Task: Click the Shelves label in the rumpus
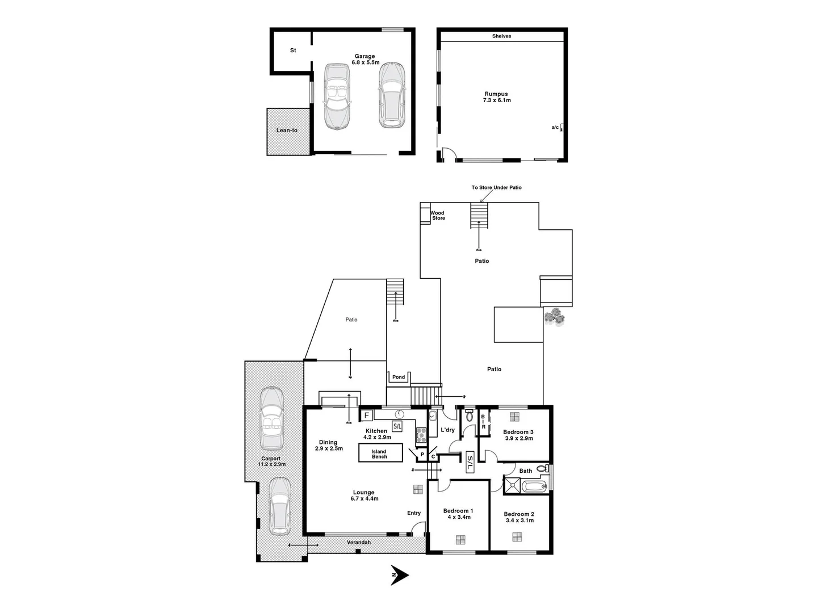pyautogui.click(x=501, y=36)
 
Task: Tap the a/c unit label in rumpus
pyautogui.click(x=555, y=128)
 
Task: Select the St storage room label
pyautogui.click(x=293, y=51)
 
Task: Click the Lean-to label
pyautogui.click(x=287, y=131)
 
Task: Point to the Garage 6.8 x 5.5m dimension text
pyautogui.click(x=365, y=62)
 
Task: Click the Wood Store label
pyautogui.click(x=438, y=216)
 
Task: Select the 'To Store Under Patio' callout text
pyautogui.click(x=496, y=187)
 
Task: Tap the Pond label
pyautogui.click(x=399, y=377)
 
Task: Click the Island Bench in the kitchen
pyautogui.click(x=380, y=454)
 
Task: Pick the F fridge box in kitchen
pyautogui.click(x=366, y=415)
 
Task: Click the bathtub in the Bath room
pyautogui.click(x=534, y=486)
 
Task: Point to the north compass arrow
pyautogui.click(x=400, y=575)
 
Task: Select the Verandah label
pyautogui.click(x=359, y=543)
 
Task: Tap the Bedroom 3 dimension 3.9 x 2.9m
pyautogui.click(x=518, y=438)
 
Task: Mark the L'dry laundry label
pyautogui.click(x=448, y=430)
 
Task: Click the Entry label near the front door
pyautogui.click(x=414, y=513)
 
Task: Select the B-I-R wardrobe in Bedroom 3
pyautogui.click(x=484, y=422)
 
